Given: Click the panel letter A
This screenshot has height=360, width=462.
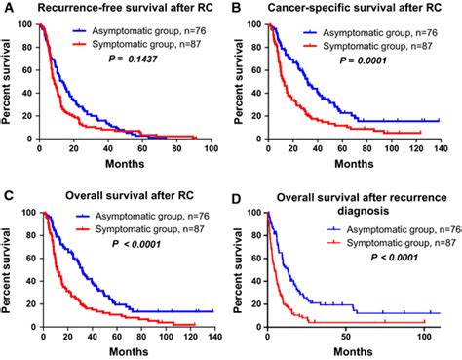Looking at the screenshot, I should (7, 8).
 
